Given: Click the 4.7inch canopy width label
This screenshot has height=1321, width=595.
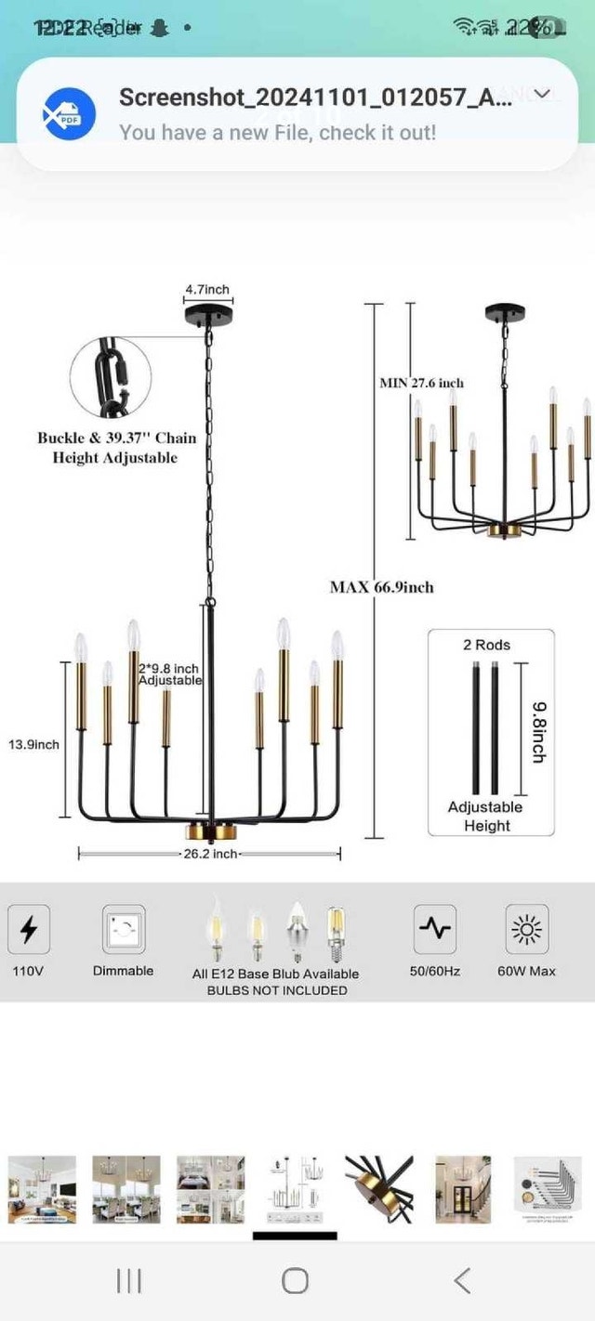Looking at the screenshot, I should (x=206, y=290).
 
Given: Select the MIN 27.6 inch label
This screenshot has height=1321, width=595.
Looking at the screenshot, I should (x=421, y=383).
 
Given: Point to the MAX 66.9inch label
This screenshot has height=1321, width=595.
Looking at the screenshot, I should (x=381, y=587).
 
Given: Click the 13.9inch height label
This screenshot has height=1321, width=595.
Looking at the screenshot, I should (x=33, y=744).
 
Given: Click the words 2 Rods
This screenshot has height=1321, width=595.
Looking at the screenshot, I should (x=487, y=645).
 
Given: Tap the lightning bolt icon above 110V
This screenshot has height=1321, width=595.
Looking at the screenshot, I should (x=29, y=929).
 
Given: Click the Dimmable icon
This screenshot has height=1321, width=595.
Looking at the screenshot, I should (x=124, y=929).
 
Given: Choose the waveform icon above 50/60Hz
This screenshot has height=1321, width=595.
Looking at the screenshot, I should (x=434, y=929).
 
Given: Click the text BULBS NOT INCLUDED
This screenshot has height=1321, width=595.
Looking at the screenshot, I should (x=276, y=990).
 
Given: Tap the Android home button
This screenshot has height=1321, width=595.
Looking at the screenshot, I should (x=295, y=1281).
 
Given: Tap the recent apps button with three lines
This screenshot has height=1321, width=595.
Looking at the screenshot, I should (x=128, y=1281).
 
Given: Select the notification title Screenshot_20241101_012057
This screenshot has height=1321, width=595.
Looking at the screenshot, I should (x=314, y=98).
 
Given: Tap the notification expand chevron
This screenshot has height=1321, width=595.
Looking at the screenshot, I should (x=543, y=94).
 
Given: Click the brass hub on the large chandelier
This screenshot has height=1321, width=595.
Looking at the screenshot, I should (x=209, y=828).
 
